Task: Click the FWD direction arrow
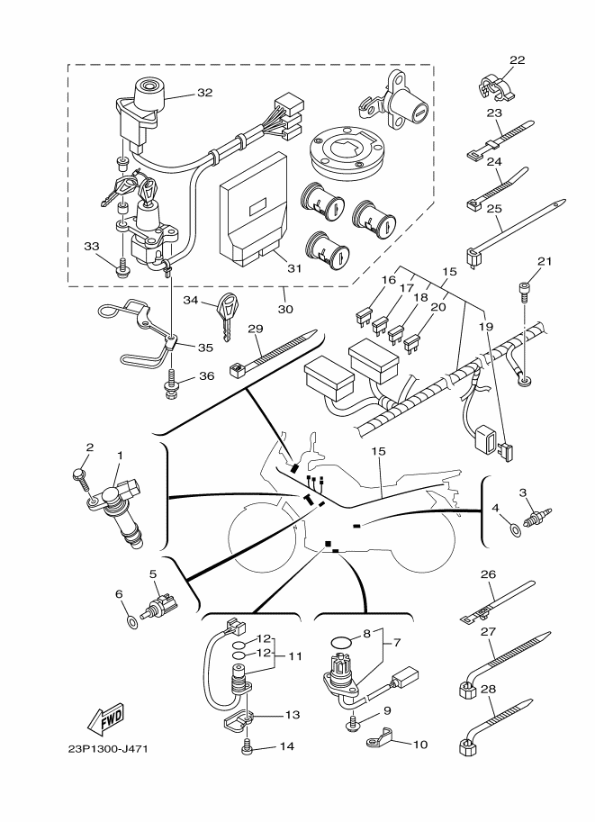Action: click(106, 718)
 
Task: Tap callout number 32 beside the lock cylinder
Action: click(204, 93)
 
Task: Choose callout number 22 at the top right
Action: click(516, 60)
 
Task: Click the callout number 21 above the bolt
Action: click(543, 262)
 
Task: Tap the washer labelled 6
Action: click(132, 620)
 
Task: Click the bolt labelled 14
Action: click(248, 745)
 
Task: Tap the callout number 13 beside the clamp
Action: click(290, 715)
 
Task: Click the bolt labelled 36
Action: click(170, 390)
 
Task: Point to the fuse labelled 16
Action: click(365, 316)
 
